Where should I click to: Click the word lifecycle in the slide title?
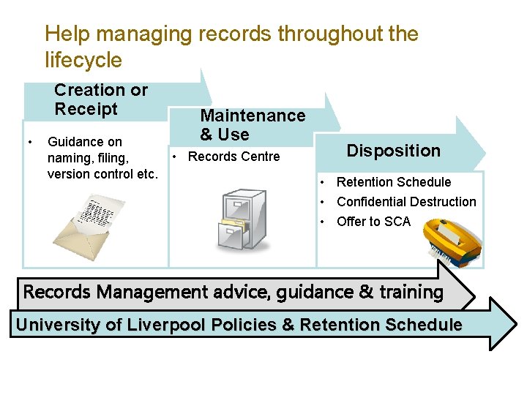(83, 59)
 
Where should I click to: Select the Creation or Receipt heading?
(101, 99)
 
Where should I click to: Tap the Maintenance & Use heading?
(253, 125)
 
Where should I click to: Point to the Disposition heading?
(393, 151)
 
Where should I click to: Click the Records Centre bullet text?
(233, 157)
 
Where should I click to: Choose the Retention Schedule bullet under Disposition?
(394, 182)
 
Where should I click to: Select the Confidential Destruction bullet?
(406, 202)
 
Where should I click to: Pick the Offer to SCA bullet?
(373, 222)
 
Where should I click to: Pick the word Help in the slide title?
(67, 34)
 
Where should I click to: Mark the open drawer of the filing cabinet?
(238, 233)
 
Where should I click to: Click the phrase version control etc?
(102, 174)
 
